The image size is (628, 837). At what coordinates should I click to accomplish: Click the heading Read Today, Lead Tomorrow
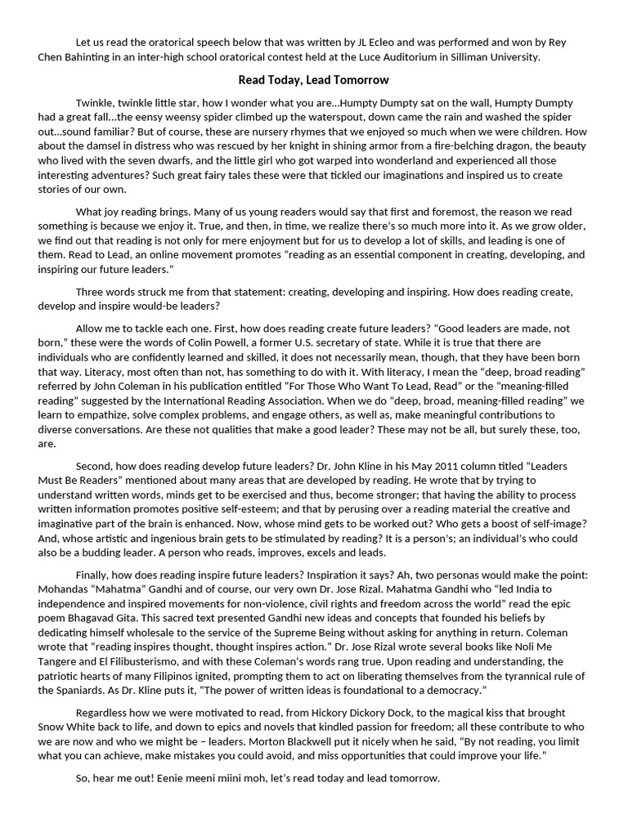(313, 80)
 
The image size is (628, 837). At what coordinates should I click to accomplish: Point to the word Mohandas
(65, 589)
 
